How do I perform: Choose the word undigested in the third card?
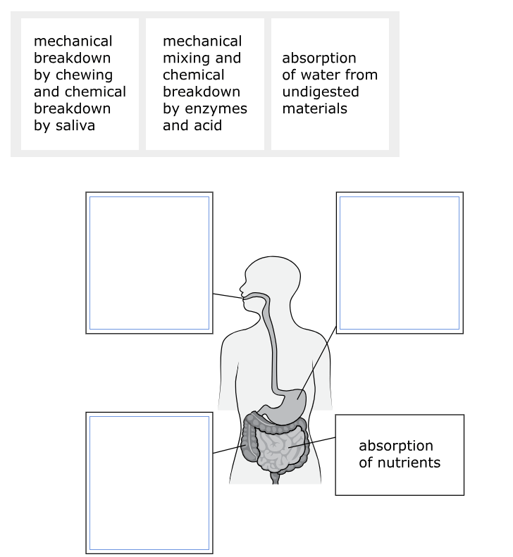click(321, 92)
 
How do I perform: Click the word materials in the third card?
click(314, 108)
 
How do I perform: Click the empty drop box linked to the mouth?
click(149, 263)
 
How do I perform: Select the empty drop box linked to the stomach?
click(400, 263)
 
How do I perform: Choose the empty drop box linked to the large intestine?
click(149, 483)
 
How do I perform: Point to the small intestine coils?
click(281, 448)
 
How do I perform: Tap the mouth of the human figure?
click(243, 296)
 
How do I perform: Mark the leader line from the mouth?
click(228, 296)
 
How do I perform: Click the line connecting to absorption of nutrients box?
click(312, 442)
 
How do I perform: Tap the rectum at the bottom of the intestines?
click(275, 478)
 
